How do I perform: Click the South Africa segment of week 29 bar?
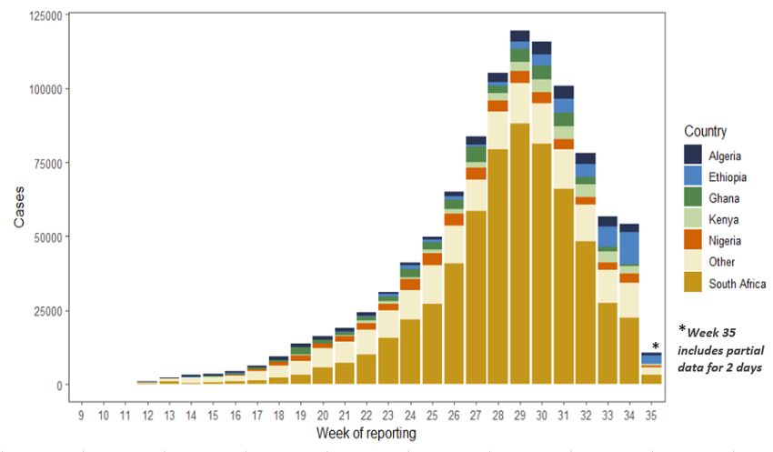pos(520,264)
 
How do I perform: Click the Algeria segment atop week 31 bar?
pos(564,92)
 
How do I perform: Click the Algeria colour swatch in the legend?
pos(693,156)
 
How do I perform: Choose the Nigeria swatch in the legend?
pos(693,240)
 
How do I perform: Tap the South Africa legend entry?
pos(737,284)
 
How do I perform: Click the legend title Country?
pos(706,132)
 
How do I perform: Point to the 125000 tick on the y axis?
pos(45,16)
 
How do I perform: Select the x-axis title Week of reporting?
pos(366,433)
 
